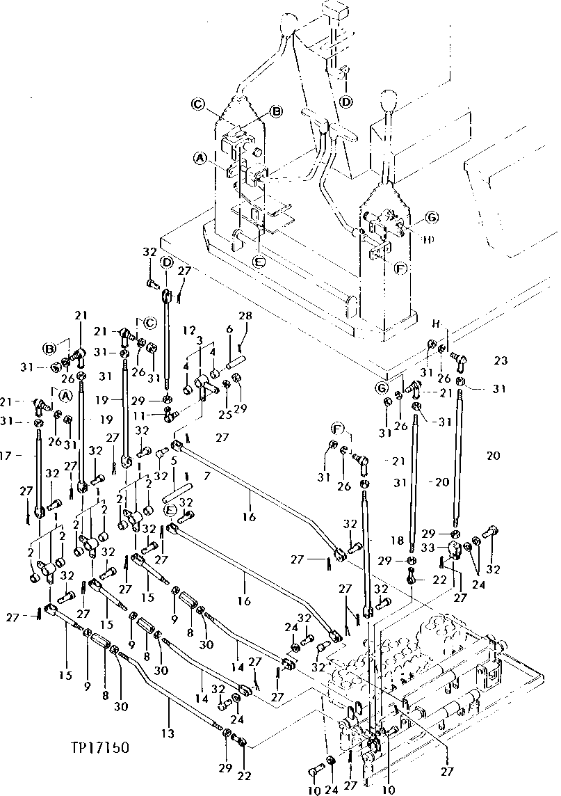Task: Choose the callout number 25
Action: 225,415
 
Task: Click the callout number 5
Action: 172,460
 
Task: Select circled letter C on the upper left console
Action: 198,105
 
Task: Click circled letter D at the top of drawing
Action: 345,102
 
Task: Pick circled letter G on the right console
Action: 432,218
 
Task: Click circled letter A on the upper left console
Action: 200,158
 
